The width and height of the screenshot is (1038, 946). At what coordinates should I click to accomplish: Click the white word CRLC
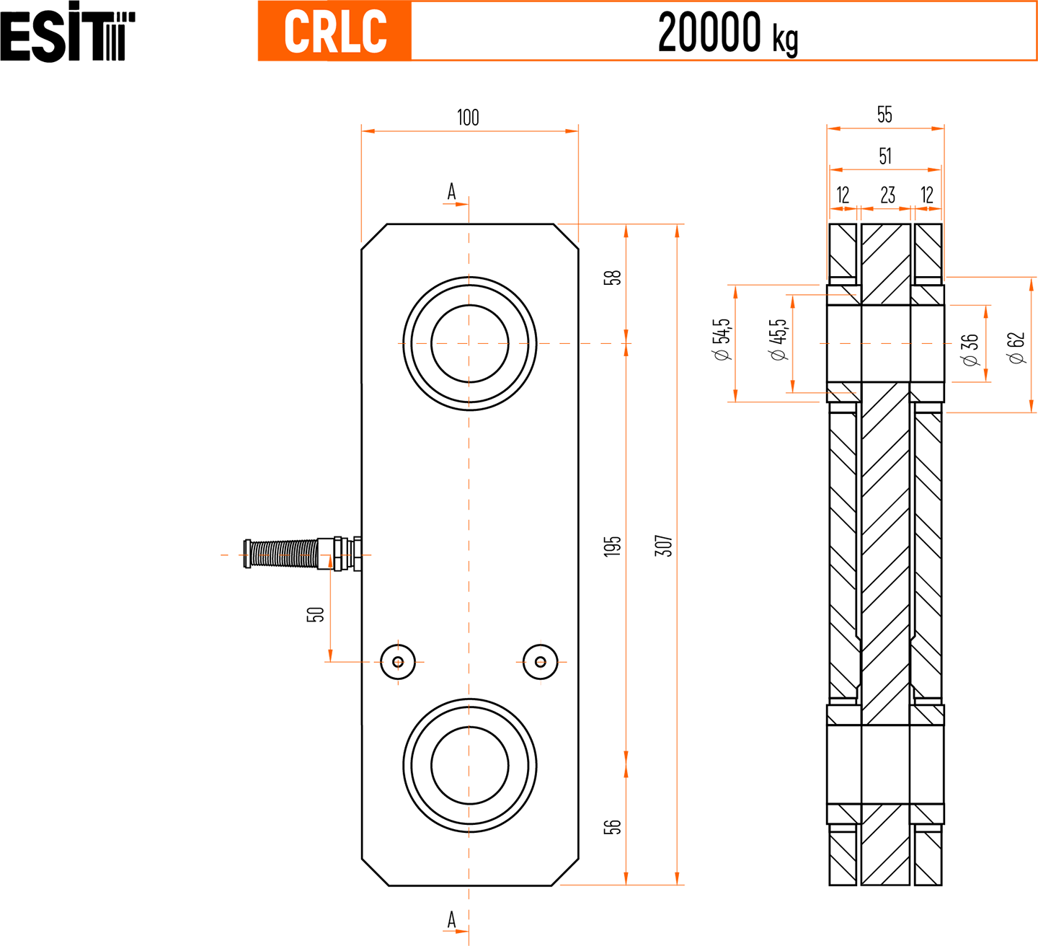click(335, 32)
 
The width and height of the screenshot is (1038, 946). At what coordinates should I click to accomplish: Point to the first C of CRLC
click(296, 32)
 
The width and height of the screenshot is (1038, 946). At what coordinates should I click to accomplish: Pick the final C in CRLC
click(374, 32)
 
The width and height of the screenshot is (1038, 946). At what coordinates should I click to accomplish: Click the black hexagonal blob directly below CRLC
click(468, 106)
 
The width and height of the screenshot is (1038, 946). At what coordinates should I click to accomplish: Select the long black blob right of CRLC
click(731, 32)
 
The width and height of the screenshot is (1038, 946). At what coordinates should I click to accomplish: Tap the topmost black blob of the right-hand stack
click(884, 103)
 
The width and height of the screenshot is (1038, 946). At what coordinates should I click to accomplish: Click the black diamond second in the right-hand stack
click(885, 151)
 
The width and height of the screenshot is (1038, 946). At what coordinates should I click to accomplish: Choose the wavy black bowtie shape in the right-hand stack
click(885, 192)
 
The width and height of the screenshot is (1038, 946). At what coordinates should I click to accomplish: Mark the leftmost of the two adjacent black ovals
click(714, 338)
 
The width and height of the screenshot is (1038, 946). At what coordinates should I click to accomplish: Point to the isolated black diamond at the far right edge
click(1012, 345)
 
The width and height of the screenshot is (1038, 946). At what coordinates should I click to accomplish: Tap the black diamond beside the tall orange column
click(657, 546)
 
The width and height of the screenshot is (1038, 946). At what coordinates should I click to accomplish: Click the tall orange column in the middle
click(469, 541)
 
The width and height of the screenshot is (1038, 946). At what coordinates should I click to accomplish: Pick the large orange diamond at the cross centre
click(469, 343)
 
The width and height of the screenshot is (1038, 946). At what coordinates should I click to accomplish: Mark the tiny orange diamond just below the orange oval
click(469, 813)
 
